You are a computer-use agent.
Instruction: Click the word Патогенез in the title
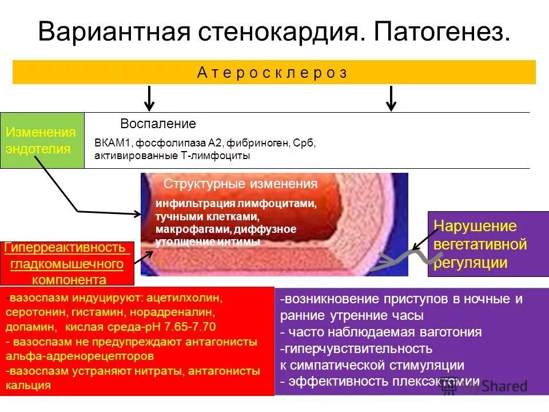pos(441,32)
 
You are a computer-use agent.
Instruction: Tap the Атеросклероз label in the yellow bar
pos(273,73)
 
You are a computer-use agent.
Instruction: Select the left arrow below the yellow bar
pos(149,98)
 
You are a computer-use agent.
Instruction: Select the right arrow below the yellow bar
pos(391,98)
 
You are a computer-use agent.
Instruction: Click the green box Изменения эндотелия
pos(42,141)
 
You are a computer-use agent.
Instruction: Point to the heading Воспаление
pos(158,124)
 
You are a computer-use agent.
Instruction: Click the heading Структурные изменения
pos(240,184)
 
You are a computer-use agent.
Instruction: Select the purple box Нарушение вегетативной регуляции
pos(479,244)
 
